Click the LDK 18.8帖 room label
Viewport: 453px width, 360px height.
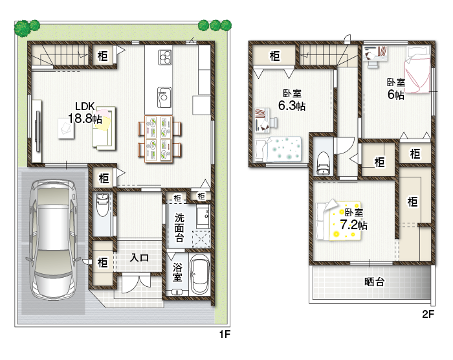(x=85, y=113)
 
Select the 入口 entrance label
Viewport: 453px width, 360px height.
(x=139, y=258)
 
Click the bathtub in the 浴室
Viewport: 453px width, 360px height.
(x=198, y=275)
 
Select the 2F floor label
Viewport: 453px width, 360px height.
(x=428, y=315)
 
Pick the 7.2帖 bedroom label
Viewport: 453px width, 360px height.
(x=353, y=219)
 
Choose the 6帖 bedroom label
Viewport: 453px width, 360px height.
(x=396, y=89)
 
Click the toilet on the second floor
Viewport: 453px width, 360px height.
(x=323, y=162)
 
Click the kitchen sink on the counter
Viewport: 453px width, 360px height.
(x=163, y=98)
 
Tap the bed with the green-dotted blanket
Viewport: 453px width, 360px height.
(x=278, y=148)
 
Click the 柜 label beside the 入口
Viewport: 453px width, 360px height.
(x=103, y=263)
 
